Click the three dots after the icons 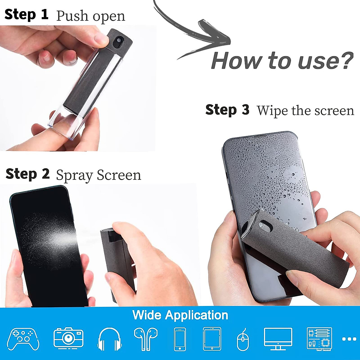click(x=349, y=339)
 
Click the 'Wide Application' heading click(x=180, y=315)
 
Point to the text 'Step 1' click(x=26, y=15)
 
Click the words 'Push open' click(x=91, y=16)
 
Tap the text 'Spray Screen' click(x=98, y=175)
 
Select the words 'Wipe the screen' click(x=305, y=110)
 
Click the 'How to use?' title click(x=282, y=61)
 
